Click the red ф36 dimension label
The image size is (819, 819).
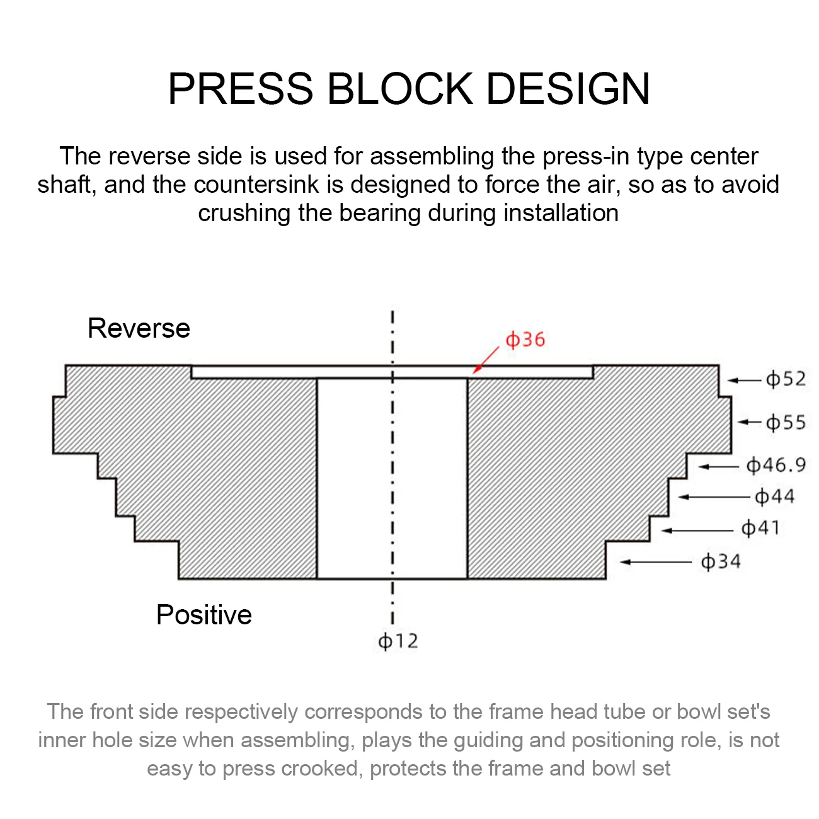point(525,340)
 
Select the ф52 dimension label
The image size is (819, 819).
point(786,379)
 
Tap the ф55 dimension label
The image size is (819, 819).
point(786,422)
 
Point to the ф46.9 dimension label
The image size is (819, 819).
point(776,466)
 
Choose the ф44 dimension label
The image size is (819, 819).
point(774,497)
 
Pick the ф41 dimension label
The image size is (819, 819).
point(760,528)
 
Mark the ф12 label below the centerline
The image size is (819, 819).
point(398,641)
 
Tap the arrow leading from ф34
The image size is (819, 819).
point(655,561)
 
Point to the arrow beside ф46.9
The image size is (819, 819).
point(718,466)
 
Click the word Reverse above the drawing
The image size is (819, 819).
point(139,328)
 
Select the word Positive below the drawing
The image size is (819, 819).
point(203,615)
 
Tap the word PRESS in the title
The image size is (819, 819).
point(240,88)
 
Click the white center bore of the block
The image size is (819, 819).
point(392,479)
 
